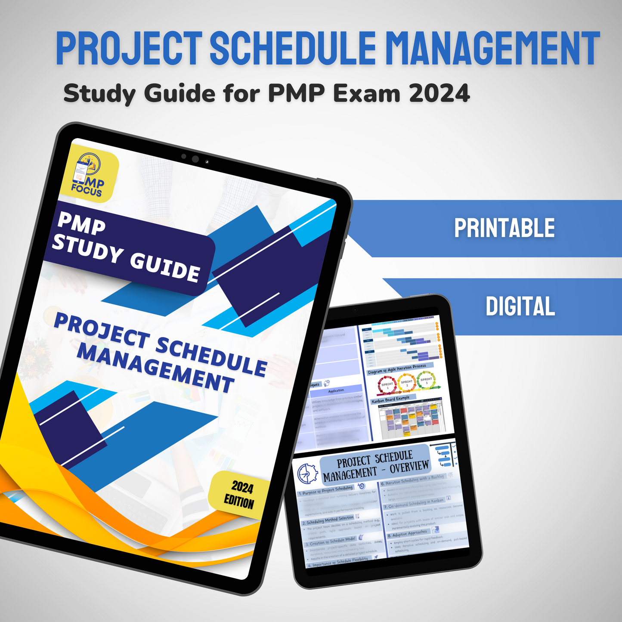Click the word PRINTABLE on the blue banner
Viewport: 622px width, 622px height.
click(504, 228)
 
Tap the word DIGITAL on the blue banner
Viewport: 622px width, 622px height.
click(520, 306)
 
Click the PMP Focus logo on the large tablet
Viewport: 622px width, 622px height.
click(89, 175)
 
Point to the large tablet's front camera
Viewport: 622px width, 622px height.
click(195, 159)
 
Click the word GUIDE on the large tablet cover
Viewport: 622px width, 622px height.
click(165, 267)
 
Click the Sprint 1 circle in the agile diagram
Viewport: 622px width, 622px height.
click(387, 385)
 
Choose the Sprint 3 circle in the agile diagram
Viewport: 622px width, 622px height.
click(426, 380)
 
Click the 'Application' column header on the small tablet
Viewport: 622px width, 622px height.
click(336, 391)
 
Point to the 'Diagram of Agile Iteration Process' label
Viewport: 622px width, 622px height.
click(397, 369)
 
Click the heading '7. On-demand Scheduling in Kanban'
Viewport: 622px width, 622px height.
click(414, 503)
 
